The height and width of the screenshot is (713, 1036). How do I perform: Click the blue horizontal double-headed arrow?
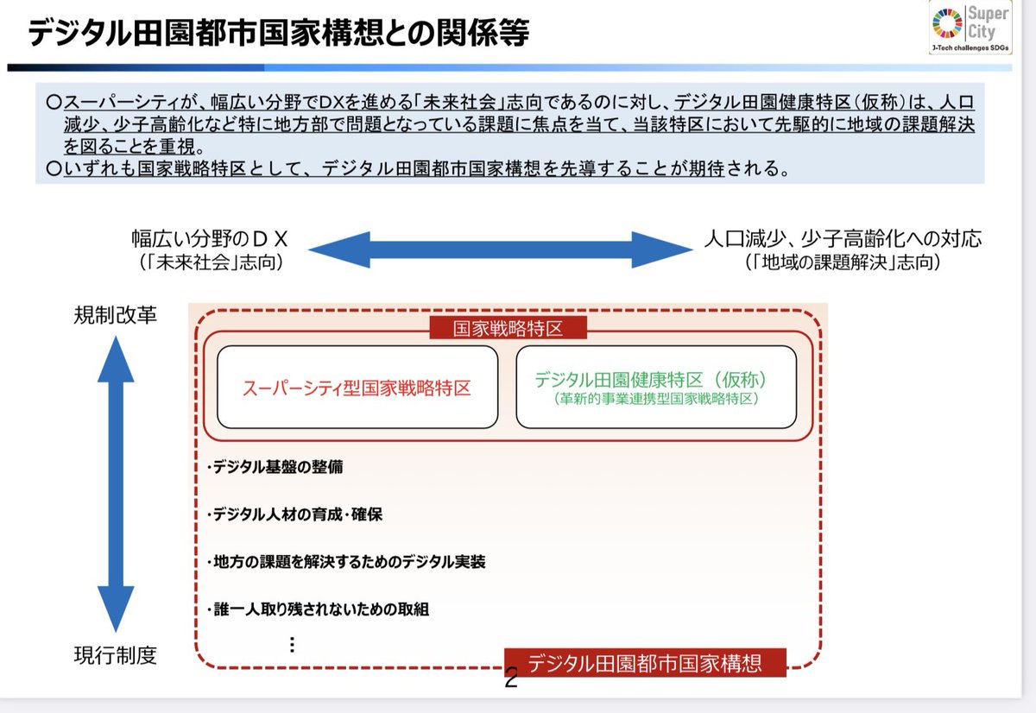501,249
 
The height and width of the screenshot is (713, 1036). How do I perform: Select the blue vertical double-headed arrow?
116,484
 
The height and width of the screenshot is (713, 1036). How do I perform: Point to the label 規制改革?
116,316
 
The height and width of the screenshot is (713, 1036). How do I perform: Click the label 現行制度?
116,656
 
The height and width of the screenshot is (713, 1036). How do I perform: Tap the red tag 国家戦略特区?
508,328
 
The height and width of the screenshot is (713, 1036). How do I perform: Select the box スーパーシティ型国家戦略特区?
357,388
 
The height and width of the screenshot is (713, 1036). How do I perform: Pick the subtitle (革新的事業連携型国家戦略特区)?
656,399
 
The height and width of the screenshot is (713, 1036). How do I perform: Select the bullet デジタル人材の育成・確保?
294,514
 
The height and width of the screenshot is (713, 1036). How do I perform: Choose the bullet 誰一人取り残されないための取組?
319,609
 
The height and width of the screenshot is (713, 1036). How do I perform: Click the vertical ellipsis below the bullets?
292,645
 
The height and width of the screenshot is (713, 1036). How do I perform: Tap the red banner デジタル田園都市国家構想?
645,663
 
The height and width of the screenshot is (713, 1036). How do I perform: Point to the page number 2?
511,679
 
